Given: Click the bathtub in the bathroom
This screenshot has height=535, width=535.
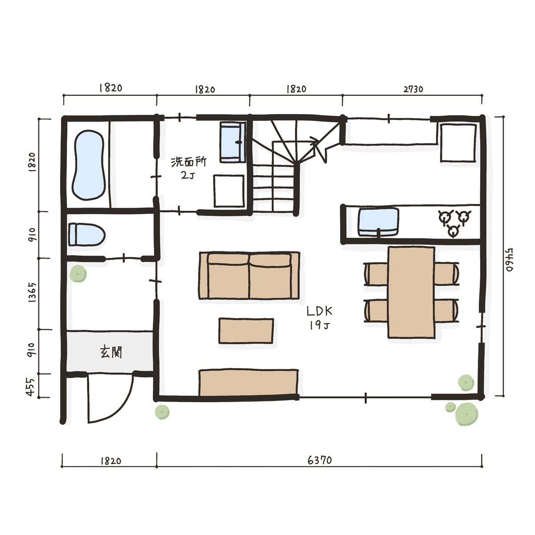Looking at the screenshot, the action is [x=89, y=165].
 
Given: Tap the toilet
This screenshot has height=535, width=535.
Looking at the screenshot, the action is [x=86, y=235].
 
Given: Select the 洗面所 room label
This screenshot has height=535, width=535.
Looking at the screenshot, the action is [x=189, y=162].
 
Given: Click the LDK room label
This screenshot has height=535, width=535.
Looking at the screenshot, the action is [x=320, y=311].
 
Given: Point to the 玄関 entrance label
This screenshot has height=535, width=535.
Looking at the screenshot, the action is [x=111, y=352].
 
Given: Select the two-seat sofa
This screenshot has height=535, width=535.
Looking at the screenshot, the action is [x=249, y=276].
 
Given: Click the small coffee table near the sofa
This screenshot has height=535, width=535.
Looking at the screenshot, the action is [x=246, y=331].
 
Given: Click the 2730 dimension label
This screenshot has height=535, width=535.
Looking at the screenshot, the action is [x=413, y=89].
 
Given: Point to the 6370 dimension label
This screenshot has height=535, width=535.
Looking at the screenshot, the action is [x=320, y=460].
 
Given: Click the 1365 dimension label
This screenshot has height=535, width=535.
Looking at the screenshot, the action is [x=33, y=292].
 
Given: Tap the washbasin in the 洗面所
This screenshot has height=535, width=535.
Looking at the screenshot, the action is [x=233, y=142].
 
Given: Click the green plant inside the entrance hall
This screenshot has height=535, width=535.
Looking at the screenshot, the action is [x=78, y=273].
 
